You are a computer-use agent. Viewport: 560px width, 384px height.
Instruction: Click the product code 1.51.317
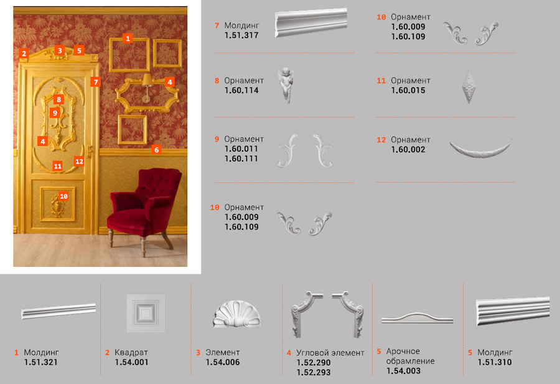tap(241, 36)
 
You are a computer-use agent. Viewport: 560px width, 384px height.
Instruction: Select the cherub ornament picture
tap(286, 85)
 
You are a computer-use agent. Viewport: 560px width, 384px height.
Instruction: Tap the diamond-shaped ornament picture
tap(469, 87)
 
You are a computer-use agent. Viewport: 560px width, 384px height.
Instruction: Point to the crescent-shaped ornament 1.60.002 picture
tap(480, 149)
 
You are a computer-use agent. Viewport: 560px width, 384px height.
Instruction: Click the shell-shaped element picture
tap(237, 314)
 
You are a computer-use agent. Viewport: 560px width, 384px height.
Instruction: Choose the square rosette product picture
tap(146, 313)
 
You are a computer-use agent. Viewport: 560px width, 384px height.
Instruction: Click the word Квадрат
tap(131, 352)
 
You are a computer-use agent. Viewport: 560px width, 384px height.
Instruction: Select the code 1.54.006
tap(223, 363)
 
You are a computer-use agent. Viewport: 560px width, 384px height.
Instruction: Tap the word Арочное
tap(403, 352)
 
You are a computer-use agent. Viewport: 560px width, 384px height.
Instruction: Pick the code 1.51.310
tap(495, 363)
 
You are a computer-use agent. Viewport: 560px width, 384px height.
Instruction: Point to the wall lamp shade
tap(146, 80)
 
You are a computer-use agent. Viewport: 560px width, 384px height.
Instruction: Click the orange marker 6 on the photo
tap(156, 150)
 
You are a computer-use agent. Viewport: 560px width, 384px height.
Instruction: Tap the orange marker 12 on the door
tap(79, 161)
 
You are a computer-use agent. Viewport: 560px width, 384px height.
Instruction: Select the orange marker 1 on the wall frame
tap(128, 38)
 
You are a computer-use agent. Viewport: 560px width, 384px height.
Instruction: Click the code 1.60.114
tap(241, 90)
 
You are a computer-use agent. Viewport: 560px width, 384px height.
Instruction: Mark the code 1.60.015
tap(408, 90)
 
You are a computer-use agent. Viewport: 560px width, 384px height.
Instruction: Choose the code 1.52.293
tap(314, 373)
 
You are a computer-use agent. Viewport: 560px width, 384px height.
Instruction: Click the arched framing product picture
tap(417, 318)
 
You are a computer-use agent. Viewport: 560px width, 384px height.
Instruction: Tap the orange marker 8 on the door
tap(59, 100)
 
